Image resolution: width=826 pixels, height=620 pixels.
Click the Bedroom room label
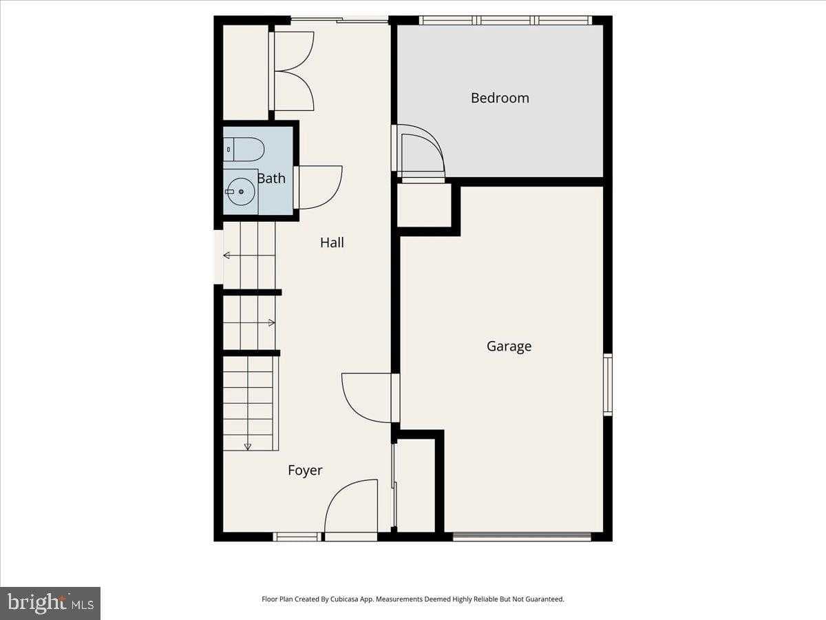(500, 98)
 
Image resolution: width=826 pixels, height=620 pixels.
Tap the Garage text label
(509, 347)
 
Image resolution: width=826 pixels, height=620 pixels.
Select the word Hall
(332, 242)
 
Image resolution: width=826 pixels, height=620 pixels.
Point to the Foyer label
(305, 471)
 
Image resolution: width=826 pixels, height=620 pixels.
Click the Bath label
(271, 178)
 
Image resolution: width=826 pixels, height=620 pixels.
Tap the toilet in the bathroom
(244, 149)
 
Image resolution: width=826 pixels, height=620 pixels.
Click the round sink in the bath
(241, 192)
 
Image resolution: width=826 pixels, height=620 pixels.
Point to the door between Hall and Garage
(366, 398)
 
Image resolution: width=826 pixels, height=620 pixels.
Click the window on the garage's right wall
(608, 384)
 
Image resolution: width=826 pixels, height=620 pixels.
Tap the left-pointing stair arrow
(249, 256)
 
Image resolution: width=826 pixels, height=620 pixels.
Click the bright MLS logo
(50, 603)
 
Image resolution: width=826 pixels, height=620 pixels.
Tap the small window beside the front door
(297, 537)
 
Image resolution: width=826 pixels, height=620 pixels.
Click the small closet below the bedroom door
(424, 205)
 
